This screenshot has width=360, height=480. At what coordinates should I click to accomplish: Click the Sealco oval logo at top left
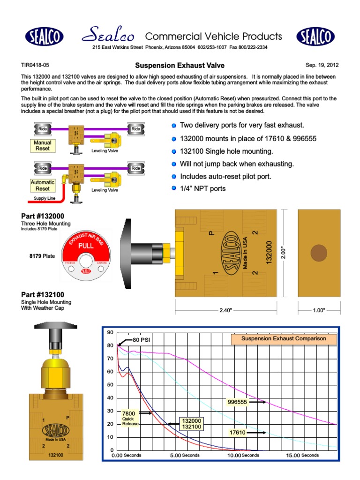[45, 36]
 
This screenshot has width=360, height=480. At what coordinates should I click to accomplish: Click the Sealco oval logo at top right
[315, 36]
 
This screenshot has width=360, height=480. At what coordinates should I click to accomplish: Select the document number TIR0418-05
[35, 66]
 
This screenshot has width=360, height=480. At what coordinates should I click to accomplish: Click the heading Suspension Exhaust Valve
[180, 66]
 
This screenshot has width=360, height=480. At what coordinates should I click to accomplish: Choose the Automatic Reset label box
[43, 185]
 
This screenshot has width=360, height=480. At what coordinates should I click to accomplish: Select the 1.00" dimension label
[319, 311]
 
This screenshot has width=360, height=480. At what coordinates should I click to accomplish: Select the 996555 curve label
[237, 402]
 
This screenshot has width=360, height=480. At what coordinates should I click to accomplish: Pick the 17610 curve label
[238, 433]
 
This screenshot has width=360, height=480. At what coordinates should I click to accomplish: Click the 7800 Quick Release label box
[130, 418]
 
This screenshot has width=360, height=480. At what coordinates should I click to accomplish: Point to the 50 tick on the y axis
[111, 384]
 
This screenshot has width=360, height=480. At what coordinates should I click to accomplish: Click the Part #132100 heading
[43, 294]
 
